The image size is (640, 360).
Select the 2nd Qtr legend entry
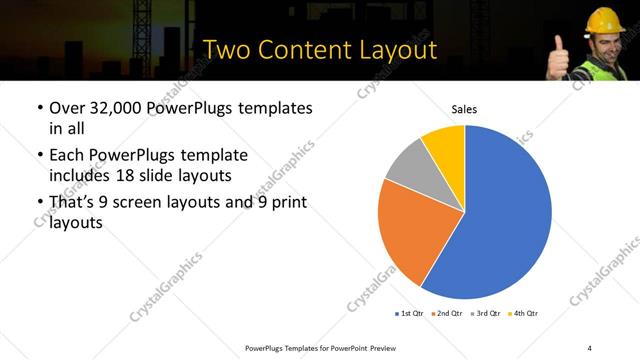point(446,314)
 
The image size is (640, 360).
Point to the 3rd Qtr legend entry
point(484,314)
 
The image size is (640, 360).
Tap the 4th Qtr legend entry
point(523,314)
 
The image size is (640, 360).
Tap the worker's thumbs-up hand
point(557,55)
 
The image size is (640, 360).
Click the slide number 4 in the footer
point(589,347)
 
